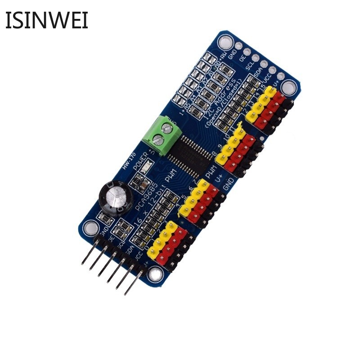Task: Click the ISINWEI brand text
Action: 46,20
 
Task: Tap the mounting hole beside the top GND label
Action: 224,43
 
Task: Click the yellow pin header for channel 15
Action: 270,92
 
